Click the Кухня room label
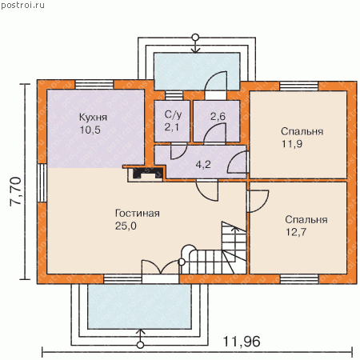coord(93,118)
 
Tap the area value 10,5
coord(90,130)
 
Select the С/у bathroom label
coord(173,114)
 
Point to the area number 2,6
coord(218,116)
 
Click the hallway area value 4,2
coord(203,165)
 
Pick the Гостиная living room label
coord(138,214)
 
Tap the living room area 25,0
coord(126,226)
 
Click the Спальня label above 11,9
coord(302,131)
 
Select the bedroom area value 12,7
coord(296,232)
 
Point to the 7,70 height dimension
coord(15,191)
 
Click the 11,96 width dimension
coord(242,342)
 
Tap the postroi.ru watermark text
coord(22,5)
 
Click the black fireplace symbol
coord(146,173)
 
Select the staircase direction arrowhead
coord(234,229)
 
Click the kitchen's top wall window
coord(94,85)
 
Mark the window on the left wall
coord(42,182)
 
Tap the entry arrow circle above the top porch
coord(195,37)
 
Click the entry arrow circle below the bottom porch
coord(140,345)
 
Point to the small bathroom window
coord(174,95)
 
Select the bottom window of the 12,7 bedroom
coord(299,279)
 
